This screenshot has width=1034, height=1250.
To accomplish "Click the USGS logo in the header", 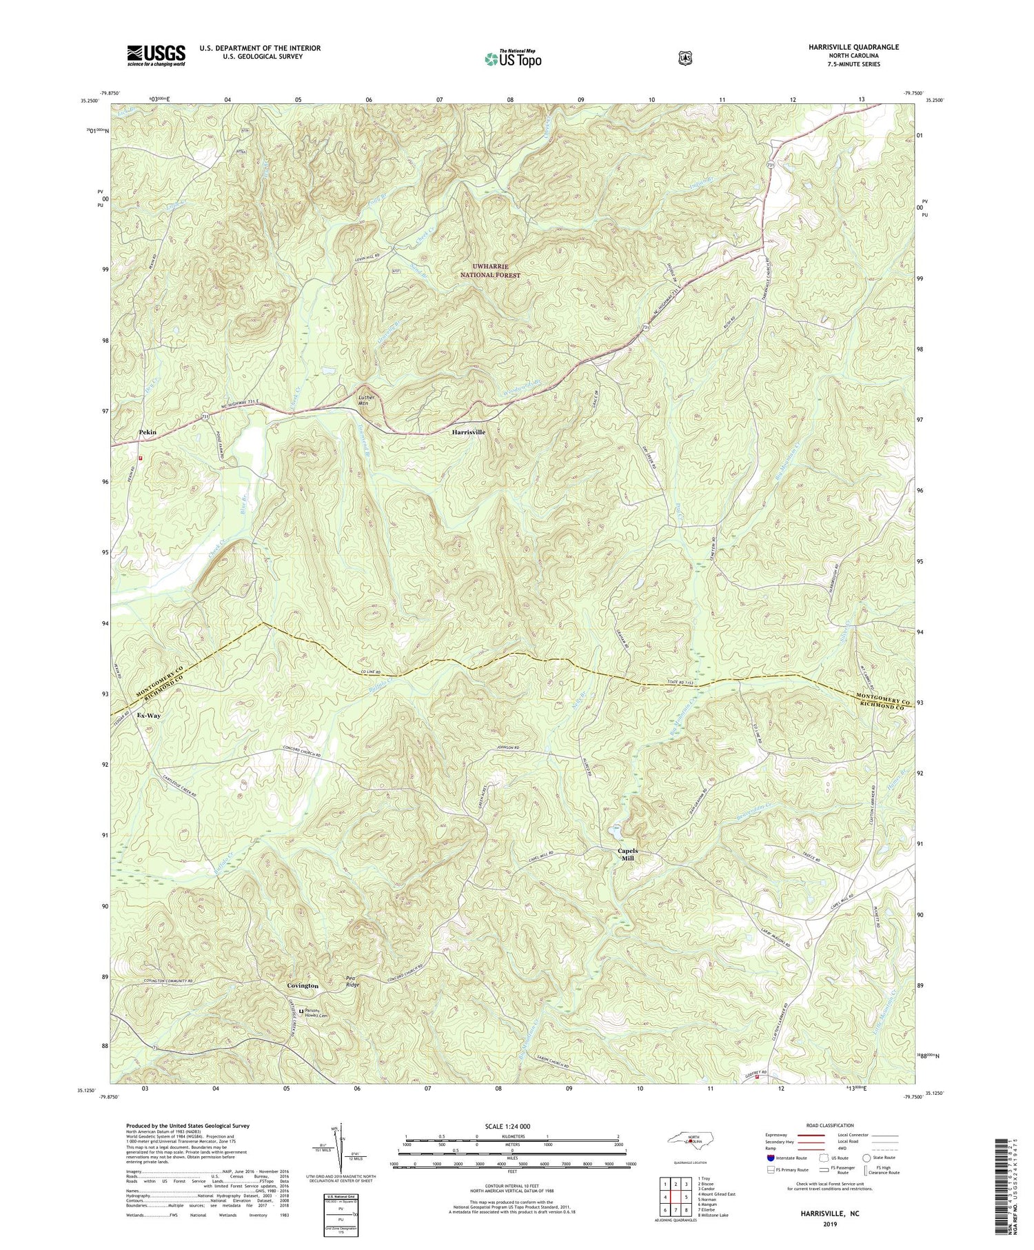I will (x=156, y=55).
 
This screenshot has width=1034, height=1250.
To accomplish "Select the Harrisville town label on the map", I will (x=468, y=432).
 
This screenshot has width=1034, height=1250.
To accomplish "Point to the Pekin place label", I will (x=148, y=432).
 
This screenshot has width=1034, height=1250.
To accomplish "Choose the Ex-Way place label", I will (x=149, y=716).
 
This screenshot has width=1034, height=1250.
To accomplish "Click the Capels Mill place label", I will (x=627, y=854).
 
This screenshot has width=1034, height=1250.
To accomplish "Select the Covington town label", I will (x=303, y=986).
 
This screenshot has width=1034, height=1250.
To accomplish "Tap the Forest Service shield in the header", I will (x=685, y=59).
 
